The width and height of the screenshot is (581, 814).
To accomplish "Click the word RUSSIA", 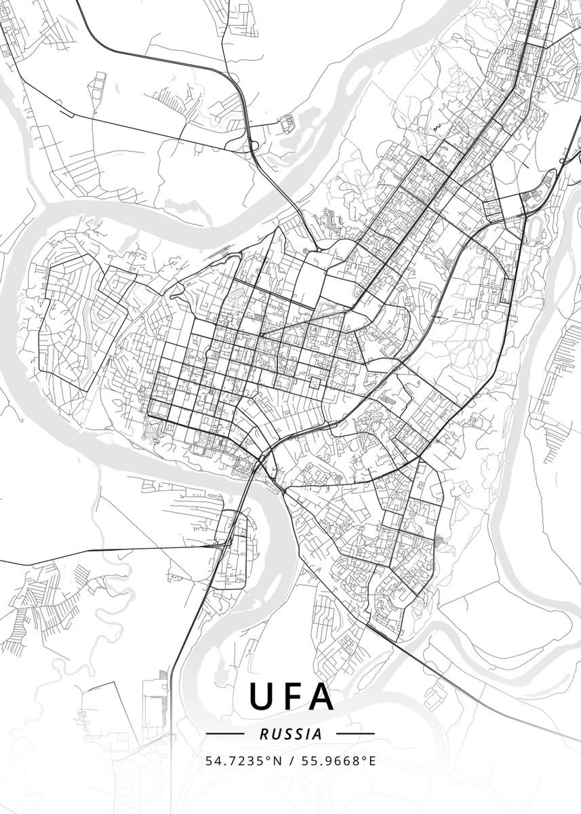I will pos(290,734).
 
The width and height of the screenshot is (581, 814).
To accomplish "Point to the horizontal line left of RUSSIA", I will pos(224,734).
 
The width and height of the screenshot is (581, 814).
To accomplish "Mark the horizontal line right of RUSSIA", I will pos(355,734).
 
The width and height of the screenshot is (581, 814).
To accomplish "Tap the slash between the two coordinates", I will pos(290,761).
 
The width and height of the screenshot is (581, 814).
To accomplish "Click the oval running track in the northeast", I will pos(538,223).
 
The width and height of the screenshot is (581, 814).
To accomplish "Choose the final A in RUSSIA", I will pos(318,734).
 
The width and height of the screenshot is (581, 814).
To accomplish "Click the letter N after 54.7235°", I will pos(278,761).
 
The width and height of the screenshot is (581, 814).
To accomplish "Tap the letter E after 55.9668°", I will pos(372,761).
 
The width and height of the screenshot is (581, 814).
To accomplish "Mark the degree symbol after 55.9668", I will pos(364,758).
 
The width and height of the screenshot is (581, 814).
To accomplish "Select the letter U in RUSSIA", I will pos(274,734).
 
